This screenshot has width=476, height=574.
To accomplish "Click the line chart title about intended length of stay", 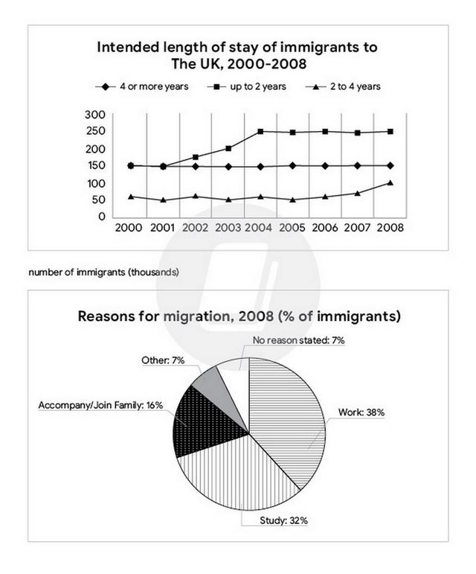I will pos(237,56).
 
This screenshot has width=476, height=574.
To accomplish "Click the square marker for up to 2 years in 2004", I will pos(260,132).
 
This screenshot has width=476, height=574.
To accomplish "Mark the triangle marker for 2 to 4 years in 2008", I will pos(390,182).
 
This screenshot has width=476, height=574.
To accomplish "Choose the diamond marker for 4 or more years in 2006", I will pos(325,166).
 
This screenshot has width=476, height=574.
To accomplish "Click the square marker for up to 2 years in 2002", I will pos(196,157).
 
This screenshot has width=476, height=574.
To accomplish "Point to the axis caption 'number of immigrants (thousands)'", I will pos(103,272).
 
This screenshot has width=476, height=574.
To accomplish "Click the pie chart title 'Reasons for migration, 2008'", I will pos(239,316).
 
